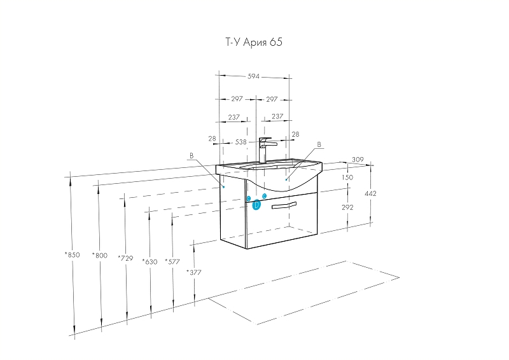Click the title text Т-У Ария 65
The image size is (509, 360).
(254, 42)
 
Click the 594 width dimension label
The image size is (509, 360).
(253, 76)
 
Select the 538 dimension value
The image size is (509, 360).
(241, 142)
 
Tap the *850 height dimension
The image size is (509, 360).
(72, 255)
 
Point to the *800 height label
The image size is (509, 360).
(100, 256)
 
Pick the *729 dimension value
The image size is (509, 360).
(125, 258)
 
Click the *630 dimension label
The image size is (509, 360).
(150, 261)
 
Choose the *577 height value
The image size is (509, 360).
(172, 261)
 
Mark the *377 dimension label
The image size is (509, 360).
(194, 272)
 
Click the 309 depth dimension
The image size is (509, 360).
(358, 160)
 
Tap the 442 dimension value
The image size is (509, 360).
(370, 193)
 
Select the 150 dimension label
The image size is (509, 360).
(347, 177)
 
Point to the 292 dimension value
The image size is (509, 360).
(347, 207)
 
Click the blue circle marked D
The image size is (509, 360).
(256, 205)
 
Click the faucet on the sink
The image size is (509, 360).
(266, 150)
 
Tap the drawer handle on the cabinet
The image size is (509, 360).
(284, 205)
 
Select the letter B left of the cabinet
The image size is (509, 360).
(192, 156)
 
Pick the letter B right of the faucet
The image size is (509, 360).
(319, 144)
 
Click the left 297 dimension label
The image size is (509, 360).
(237, 99)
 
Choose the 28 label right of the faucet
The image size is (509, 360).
(295, 134)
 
